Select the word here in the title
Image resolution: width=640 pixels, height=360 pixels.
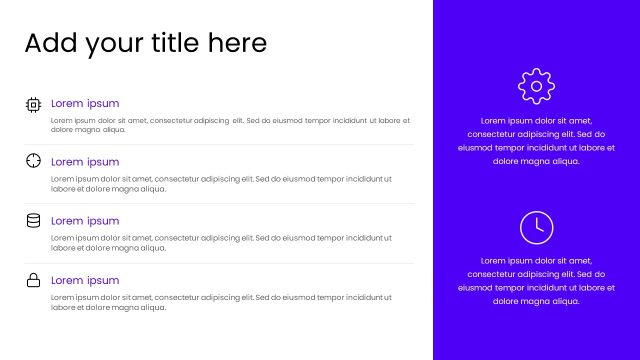237,43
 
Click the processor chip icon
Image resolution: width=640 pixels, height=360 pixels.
33,105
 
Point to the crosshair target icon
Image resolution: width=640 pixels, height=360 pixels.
33,160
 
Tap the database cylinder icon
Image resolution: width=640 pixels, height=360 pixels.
33,220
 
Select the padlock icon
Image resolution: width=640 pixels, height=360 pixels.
33,280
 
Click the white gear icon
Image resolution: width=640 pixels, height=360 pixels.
536,86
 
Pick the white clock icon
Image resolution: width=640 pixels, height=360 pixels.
536,227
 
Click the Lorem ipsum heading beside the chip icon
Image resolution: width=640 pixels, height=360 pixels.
85,103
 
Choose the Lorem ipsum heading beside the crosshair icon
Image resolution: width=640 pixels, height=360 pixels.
85,162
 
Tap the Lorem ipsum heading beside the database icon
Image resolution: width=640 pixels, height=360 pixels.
85,221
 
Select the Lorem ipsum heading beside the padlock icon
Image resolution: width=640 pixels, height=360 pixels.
85,280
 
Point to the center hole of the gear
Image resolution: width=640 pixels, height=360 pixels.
536,86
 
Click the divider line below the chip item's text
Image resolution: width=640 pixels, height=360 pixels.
219,144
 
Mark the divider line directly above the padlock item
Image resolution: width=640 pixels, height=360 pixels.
219,263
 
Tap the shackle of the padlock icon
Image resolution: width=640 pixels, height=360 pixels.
33,275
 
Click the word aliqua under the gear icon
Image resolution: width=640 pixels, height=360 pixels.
565,161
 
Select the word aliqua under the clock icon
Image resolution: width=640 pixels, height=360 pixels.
565,301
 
